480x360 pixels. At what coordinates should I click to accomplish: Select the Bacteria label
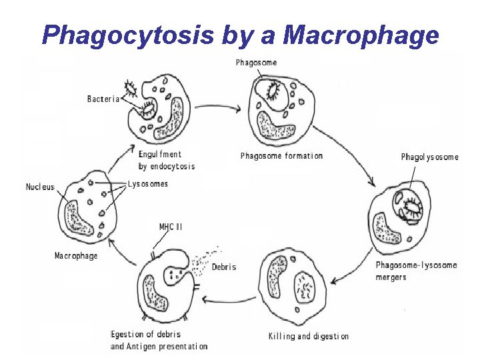103,99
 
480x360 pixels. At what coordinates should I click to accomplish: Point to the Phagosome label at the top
256,63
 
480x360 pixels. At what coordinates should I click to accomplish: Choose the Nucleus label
40,187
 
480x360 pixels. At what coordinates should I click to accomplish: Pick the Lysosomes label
148,184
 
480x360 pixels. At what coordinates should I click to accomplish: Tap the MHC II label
171,227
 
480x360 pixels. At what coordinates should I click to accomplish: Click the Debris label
224,267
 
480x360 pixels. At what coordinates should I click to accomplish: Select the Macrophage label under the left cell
75,255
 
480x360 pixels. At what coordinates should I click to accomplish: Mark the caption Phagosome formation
281,156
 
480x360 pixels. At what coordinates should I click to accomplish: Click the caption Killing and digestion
308,336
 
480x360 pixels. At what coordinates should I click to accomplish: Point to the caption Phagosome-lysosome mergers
416,271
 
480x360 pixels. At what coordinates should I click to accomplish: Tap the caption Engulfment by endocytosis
166,160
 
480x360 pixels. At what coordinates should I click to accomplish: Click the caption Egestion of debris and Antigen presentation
159,340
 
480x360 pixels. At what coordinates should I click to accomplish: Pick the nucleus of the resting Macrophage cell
77,217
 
